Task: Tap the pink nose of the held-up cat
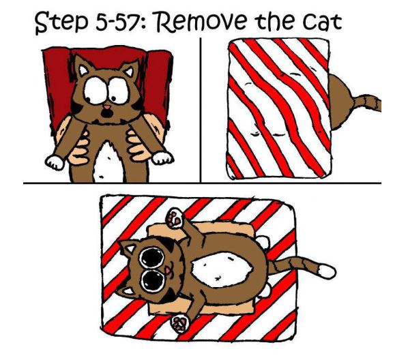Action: (x=107, y=107)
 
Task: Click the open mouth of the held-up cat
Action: (x=106, y=113)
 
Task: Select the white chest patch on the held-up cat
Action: (x=108, y=160)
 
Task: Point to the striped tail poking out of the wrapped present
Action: (x=367, y=102)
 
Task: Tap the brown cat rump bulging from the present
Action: (x=340, y=102)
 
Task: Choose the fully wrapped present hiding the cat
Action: (x=279, y=108)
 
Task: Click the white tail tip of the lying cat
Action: (x=326, y=271)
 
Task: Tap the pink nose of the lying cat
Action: (x=168, y=271)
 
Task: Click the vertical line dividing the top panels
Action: (x=201, y=110)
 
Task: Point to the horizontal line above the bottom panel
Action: (x=202, y=183)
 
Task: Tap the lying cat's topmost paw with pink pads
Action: (x=175, y=217)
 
